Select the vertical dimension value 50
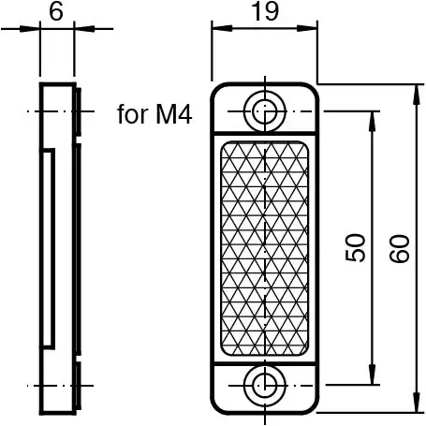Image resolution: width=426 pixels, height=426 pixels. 354,248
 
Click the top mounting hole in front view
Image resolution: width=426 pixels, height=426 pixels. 265,110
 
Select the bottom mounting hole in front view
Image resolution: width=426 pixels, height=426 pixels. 265,384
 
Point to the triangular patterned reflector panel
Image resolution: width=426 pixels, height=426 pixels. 265,247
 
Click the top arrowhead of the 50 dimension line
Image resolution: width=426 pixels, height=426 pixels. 374,117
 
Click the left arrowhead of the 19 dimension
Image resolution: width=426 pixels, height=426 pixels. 216,28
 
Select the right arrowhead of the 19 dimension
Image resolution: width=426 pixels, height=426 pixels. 312,28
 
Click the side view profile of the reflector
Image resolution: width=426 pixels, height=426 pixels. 58,248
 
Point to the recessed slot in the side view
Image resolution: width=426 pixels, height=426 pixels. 48,248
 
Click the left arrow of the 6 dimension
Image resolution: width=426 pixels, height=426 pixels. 34,28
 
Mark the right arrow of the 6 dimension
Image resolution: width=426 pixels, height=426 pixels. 81,28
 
